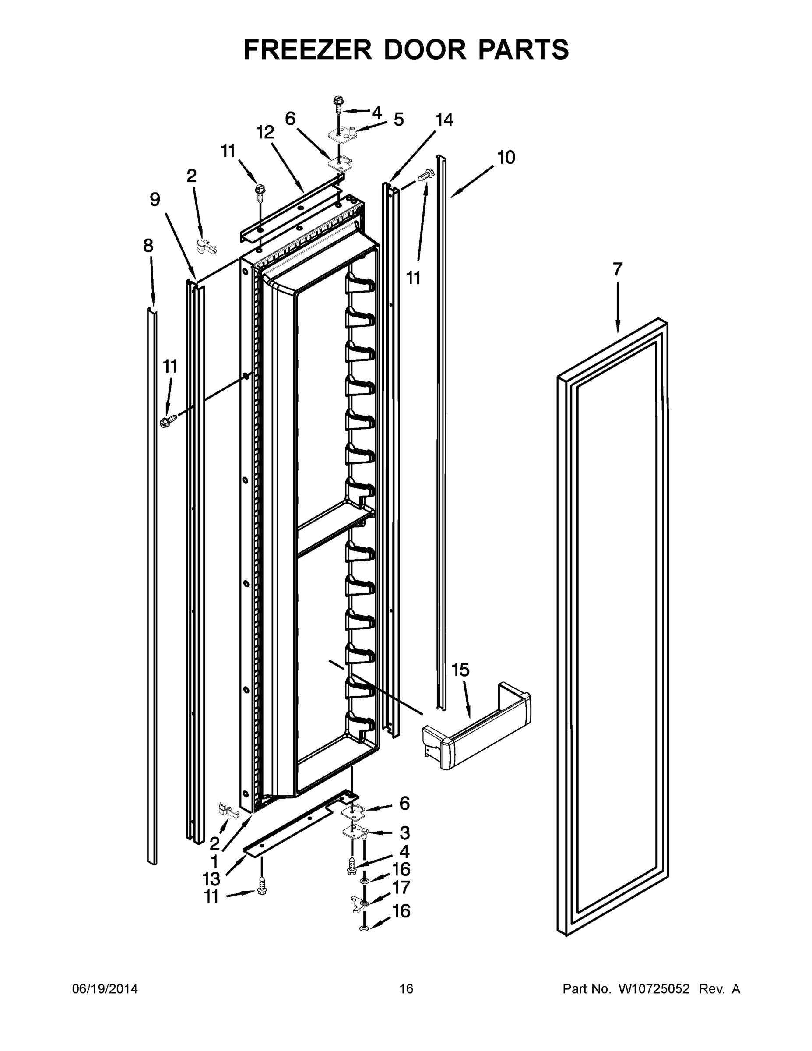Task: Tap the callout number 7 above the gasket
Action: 618,269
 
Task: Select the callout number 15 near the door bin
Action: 460,670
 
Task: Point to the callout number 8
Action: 148,246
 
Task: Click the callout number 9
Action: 155,199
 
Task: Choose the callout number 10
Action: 506,157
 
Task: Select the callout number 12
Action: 265,132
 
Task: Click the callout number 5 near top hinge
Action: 399,120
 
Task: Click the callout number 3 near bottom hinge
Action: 404,832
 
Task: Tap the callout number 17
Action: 402,887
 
